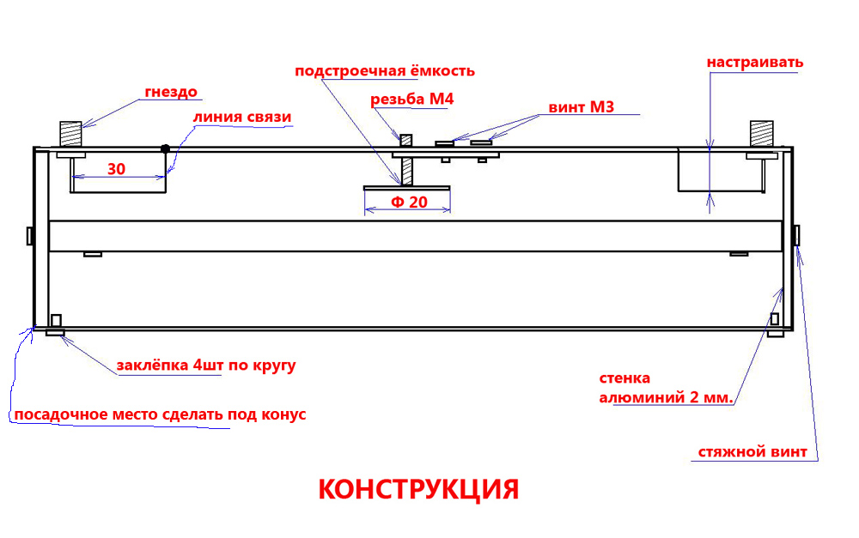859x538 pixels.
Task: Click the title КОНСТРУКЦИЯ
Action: [418, 489]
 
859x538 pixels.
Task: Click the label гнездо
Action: [172, 92]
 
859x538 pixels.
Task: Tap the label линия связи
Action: [243, 118]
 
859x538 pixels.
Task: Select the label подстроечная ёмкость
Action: [384, 71]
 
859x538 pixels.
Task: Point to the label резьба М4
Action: [411, 100]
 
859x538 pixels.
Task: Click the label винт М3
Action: [581, 108]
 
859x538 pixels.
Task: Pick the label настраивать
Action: [755, 62]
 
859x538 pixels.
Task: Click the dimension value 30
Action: [117, 169]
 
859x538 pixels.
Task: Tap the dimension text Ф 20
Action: [409, 203]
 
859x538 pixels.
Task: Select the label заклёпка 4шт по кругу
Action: [206, 366]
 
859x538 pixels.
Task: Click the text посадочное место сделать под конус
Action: [160, 415]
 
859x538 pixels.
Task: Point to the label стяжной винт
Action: [752, 452]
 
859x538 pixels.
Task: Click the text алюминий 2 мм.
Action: [666, 398]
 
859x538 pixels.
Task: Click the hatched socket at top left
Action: [70, 135]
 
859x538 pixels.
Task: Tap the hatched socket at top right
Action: [762, 134]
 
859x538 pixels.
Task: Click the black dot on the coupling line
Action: [165, 149]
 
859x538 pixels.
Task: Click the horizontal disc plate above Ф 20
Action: [407, 186]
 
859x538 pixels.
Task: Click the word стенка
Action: [624, 378]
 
